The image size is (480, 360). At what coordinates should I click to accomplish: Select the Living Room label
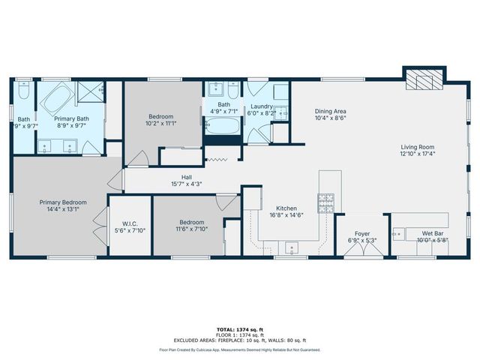click(x=417, y=148)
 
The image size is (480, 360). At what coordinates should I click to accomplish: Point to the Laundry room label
click(x=261, y=107)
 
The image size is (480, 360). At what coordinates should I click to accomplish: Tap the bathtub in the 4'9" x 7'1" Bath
click(x=222, y=126)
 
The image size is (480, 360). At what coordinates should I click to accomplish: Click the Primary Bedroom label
click(x=63, y=202)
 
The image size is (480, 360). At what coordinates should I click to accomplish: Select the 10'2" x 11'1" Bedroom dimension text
click(x=161, y=124)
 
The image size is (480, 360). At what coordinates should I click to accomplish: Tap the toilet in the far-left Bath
click(x=22, y=91)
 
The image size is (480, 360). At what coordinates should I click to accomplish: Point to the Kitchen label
click(x=286, y=208)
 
